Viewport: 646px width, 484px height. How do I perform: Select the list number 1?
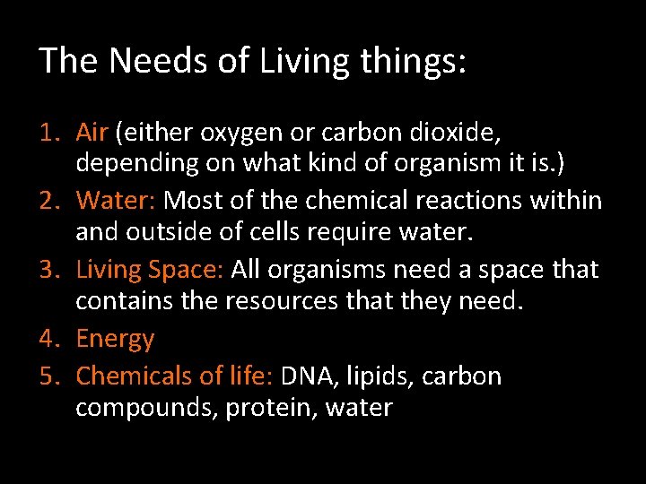pyautogui.click(x=48, y=133)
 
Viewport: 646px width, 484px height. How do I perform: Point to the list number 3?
pyautogui.click(x=48, y=269)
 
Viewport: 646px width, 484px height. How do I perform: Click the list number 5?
pyautogui.click(x=48, y=376)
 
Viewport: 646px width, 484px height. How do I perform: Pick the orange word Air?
pyautogui.click(x=92, y=133)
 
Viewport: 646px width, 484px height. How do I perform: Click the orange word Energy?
pyautogui.click(x=115, y=340)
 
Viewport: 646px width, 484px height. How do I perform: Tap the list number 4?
pyautogui.click(x=48, y=339)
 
